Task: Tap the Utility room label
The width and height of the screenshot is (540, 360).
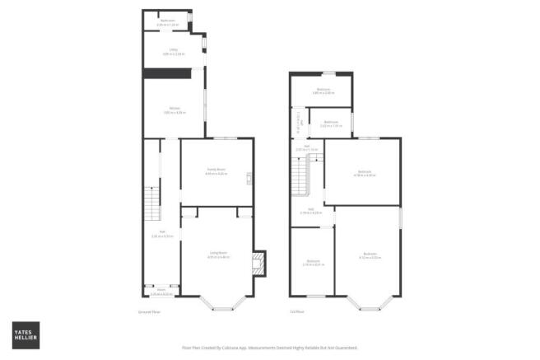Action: [173, 52]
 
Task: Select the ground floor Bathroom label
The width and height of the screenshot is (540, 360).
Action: [167, 21]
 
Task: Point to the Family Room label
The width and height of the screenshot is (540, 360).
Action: [216, 171]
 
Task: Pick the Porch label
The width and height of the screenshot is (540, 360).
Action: [161, 291]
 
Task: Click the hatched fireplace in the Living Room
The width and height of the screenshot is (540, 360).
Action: [259, 264]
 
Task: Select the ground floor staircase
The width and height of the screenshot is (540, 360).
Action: [151, 201]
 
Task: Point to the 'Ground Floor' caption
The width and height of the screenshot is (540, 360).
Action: [148, 312]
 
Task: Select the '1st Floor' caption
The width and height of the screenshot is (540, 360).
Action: [296, 312]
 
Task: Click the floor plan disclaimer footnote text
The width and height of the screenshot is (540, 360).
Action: [270, 348]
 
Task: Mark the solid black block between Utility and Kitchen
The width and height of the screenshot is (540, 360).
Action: [167, 74]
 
